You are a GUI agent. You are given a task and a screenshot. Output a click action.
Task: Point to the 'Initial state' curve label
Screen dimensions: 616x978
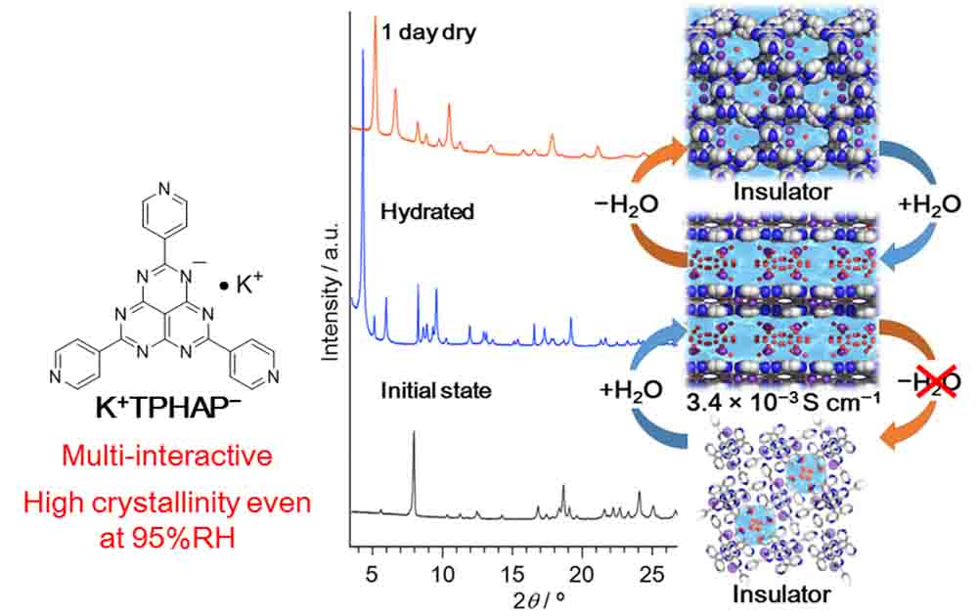436,392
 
